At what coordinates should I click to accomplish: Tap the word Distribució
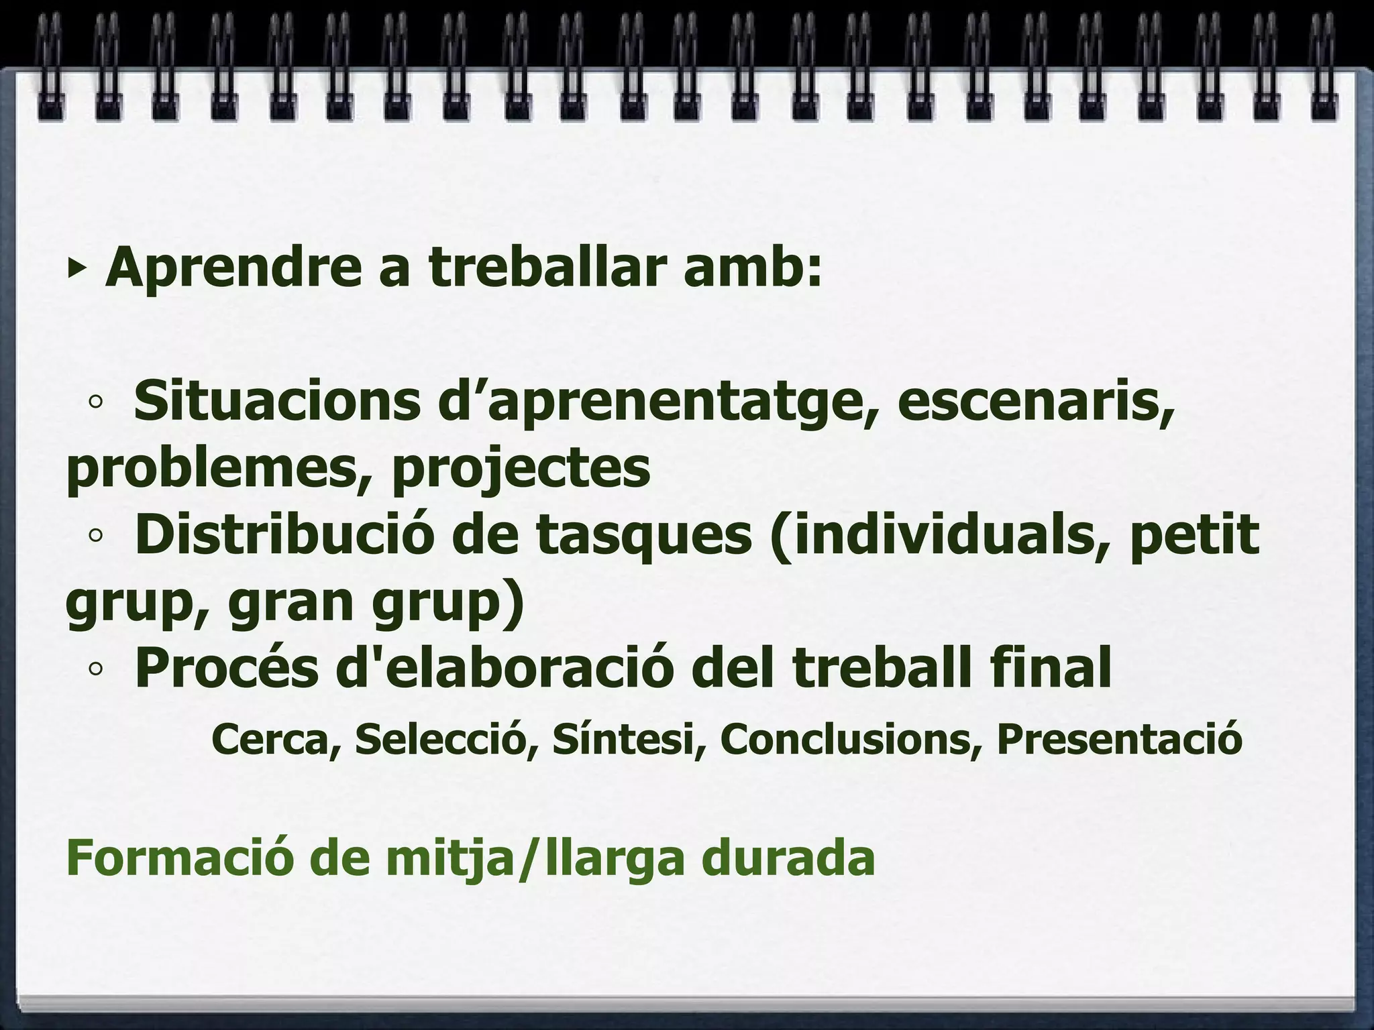281,535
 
